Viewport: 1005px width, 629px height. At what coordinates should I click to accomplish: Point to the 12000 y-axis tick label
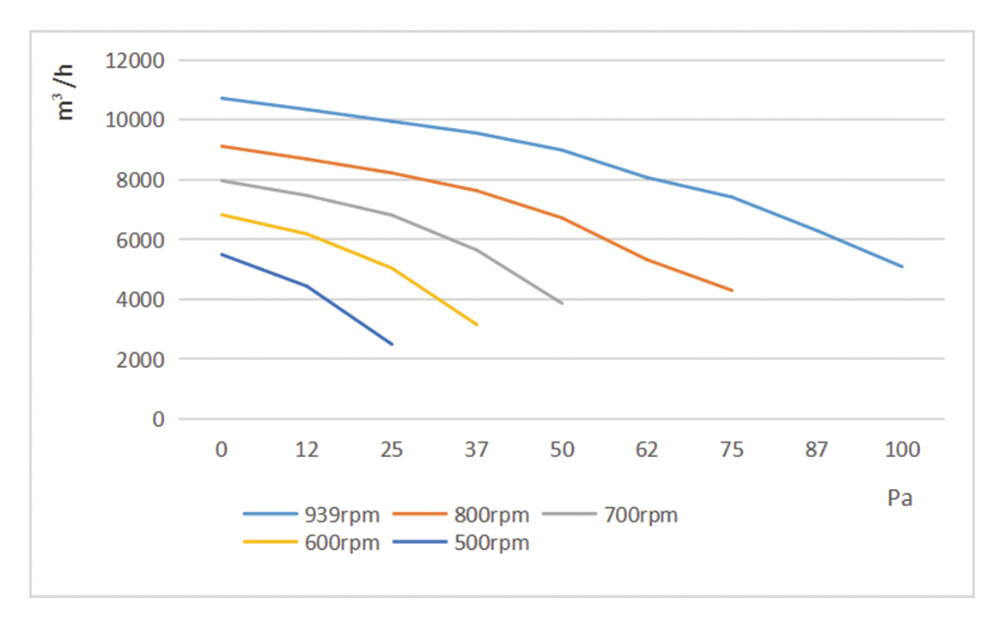click(x=135, y=61)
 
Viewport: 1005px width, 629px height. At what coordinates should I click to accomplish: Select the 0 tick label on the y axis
click(x=158, y=419)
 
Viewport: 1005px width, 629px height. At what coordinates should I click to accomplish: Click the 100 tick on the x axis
click(x=902, y=449)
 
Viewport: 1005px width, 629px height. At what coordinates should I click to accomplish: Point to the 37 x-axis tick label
click(x=477, y=449)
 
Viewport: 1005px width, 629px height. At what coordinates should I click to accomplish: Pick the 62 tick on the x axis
click(x=647, y=449)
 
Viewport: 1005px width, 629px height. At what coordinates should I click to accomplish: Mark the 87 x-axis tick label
click(x=817, y=449)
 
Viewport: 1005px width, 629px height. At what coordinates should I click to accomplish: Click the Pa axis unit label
click(x=899, y=498)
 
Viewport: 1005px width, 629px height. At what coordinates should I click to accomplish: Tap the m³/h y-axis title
click(x=67, y=92)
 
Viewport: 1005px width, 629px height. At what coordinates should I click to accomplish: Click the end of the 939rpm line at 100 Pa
click(x=902, y=266)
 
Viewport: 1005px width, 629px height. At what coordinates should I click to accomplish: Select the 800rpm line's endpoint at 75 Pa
click(x=732, y=290)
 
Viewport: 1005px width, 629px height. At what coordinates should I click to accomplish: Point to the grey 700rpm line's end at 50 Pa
click(x=562, y=303)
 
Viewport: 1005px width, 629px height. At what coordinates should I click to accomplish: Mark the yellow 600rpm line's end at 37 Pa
click(x=477, y=325)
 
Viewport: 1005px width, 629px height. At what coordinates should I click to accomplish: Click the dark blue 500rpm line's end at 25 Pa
click(x=392, y=345)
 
